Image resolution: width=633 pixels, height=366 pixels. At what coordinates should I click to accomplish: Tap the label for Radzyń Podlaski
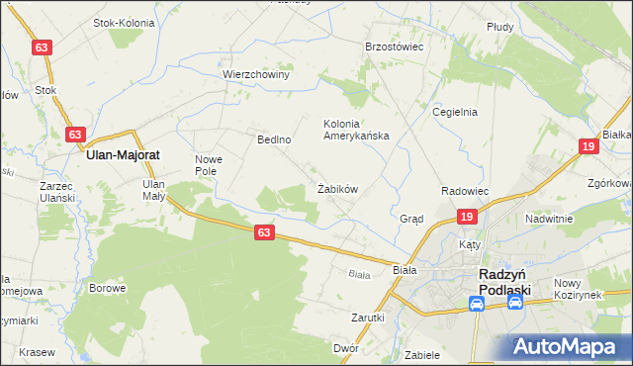pyautogui.click(x=504, y=281)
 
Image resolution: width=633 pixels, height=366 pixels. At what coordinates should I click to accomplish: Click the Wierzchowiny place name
pyautogui.click(x=255, y=74)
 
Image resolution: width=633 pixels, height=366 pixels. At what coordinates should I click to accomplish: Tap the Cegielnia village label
pyautogui.click(x=455, y=112)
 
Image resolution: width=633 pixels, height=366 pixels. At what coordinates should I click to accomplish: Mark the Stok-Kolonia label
pyautogui.click(x=127, y=22)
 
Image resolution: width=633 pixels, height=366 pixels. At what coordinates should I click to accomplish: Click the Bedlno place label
pyautogui.click(x=274, y=139)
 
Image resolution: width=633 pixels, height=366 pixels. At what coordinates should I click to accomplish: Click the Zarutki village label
pyautogui.click(x=367, y=318)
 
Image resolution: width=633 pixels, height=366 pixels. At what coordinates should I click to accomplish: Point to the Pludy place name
pyautogui.click(x=499, y=27)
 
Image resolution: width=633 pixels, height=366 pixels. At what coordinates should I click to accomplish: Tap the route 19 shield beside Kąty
pyautogui.click(x=468, y=216)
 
